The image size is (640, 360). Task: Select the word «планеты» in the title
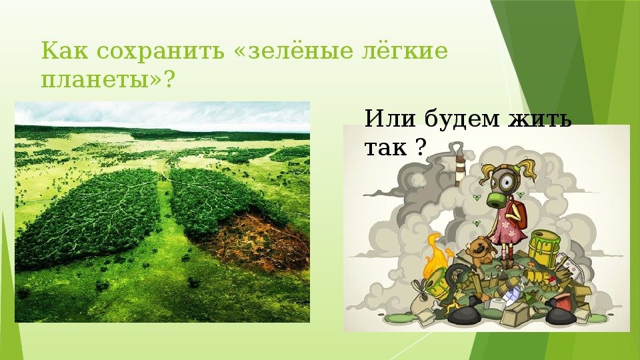coord(95,79)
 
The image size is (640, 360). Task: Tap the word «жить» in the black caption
coord(539,119)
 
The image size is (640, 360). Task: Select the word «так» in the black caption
coord(385,147)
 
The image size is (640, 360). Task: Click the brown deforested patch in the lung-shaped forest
coord(261,240)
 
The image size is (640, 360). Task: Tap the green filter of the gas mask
coord(496,199)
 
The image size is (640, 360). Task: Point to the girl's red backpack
coord(519,213)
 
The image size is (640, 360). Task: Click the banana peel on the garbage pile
coord(451,306)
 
